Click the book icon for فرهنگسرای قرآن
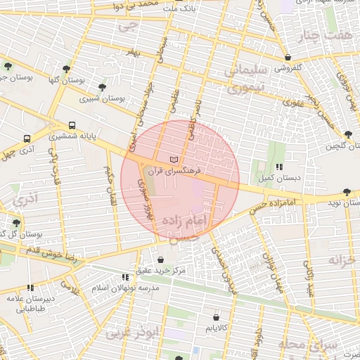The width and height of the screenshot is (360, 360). click(174, 159)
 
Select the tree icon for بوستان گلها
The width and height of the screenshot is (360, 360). click(66, 69)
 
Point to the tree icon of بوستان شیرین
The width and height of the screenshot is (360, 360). click(103, 87)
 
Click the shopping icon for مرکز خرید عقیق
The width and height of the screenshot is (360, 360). click(160, 259)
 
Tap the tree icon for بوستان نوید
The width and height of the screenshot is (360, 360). click(347, 192)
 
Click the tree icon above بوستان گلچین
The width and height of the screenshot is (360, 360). click(348, 134)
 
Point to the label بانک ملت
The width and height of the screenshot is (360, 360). click(177, 8)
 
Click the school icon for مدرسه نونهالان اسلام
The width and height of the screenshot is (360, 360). click(125, 277)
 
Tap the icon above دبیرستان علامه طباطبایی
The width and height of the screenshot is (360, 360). click(30, 287)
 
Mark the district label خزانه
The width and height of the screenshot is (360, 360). click(343, 260)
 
